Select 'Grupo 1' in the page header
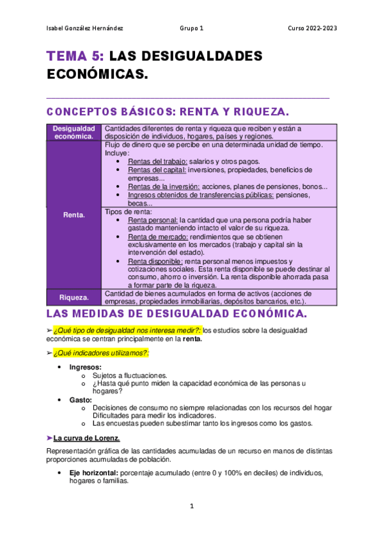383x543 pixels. tap(191, 29)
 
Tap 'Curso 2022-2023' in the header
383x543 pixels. tap(313, 29)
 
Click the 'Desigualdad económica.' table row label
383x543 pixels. tap(74, 132)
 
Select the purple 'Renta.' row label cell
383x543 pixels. tap(74, 215)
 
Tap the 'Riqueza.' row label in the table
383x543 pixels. tap(74, 297)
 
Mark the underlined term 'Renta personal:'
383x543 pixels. tap(153, 220)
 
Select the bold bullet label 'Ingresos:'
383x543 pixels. tap(86, 367)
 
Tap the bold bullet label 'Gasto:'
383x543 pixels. tap(81, 400)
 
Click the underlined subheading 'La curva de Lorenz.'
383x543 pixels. tap(86, 439)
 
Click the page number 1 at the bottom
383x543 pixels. tap(191, 507)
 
